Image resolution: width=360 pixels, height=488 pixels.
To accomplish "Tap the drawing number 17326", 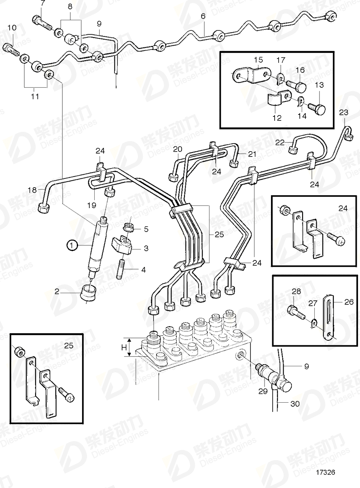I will coord(326,472).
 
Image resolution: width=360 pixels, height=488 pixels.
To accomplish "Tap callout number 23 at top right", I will coord(343,112).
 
